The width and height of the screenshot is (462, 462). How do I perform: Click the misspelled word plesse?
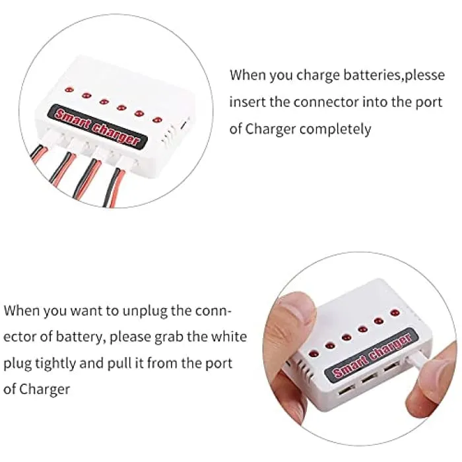(x=424, y=75)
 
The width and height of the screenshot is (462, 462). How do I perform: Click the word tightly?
(x=55, y=364)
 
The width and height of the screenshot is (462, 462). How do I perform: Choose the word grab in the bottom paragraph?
(x=169, y=337)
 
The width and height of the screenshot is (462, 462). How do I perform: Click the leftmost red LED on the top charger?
(x=69, y=89)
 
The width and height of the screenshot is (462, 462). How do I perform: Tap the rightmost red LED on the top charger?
(x=158, y=120)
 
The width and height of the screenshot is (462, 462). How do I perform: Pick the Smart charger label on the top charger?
(x=98, y=126)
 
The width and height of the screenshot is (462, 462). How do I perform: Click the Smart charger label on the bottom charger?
(x=372, y=355)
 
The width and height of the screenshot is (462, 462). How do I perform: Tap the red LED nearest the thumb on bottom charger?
(x=313, y=353)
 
